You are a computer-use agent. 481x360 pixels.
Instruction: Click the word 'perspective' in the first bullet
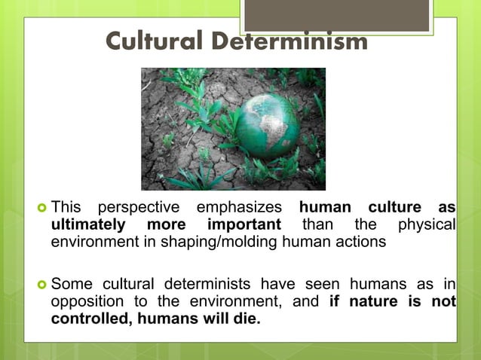click(x=139, y=207)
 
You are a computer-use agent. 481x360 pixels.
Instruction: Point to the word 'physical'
click(x=427, y=224)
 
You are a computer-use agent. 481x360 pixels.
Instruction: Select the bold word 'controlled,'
click(x=86, y=319)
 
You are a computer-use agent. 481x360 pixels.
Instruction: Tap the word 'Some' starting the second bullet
click(x=70, y=284)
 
